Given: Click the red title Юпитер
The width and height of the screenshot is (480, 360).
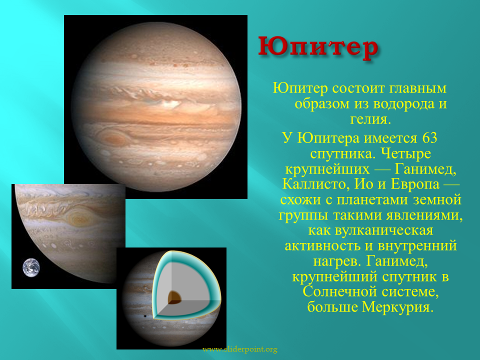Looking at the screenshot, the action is coord(318,48).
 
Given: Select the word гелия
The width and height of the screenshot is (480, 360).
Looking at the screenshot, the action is coord(370,119).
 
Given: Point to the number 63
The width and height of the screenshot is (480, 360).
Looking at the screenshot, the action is coord(429,138).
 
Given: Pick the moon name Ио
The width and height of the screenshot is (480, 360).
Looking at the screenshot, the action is coord(364,184).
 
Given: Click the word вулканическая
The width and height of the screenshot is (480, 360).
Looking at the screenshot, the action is coord(384,230).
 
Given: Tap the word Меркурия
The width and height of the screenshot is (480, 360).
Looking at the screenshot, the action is coord(397,307).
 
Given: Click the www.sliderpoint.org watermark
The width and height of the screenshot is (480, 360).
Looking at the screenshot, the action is coord(240,349).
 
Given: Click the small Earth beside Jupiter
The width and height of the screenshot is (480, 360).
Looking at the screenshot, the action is coord(31,267).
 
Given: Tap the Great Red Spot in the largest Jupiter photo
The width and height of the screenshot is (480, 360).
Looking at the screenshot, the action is coord(113,138).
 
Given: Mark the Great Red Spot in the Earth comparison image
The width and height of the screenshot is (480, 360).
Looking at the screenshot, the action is coord(80,218).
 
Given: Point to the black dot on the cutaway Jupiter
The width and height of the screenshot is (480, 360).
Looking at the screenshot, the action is coord(144,316).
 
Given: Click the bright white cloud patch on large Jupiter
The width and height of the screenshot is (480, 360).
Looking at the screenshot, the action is coord(170,104).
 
